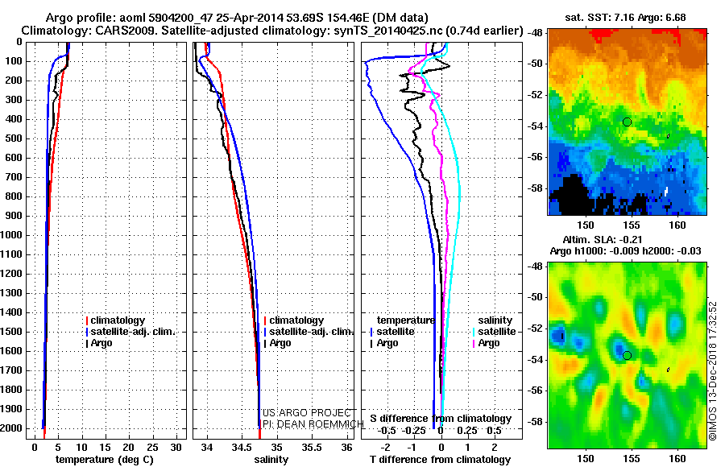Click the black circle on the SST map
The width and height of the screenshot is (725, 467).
(x=627, y=122)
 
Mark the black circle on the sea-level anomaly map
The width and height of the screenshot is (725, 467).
(x=627, y=355)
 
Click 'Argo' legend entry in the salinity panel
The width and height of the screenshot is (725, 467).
(x=280, y=343)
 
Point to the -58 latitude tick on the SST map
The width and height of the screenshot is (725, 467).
(x=536, y=188)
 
